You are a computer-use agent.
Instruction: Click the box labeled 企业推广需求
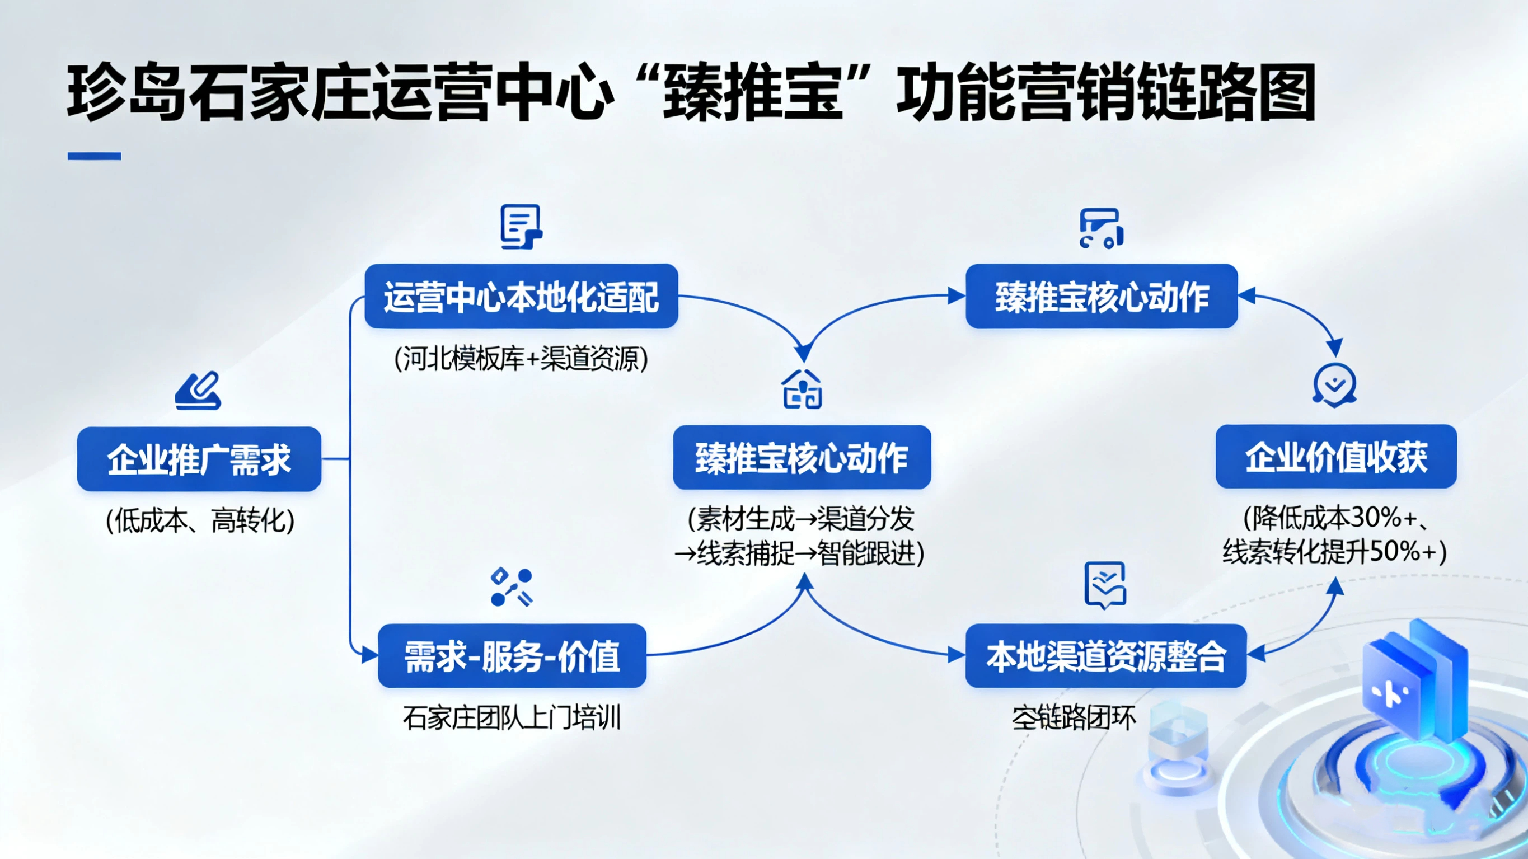point(199,458)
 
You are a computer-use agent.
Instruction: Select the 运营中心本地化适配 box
point(522,296)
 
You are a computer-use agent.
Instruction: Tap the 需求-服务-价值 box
point(512,655)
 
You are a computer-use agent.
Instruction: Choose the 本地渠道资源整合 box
point(1106,655)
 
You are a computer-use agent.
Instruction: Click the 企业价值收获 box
point(1336,457)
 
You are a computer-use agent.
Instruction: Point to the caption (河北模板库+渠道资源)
point(522,359)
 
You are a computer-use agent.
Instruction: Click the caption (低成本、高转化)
point(200,521)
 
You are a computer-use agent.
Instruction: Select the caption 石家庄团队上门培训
point(512,718)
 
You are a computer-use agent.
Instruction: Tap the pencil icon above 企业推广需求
point(198,391)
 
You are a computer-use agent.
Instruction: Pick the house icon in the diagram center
point(803,389)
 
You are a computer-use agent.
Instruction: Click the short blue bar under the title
point(95,156)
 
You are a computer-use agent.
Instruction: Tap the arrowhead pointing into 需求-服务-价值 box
point(370,655)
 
